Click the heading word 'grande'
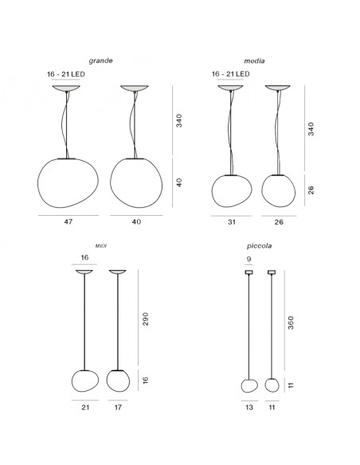coord(100,61)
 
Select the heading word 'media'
coord(254,61)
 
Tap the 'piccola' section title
coord(259,246)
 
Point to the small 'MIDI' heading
coord(101,246)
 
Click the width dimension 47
coord(68,221)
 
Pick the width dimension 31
coord(231,222)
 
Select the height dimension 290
coord(145,318)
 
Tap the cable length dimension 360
coord(291,322)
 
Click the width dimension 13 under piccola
coord(249,407)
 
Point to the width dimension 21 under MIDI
coord(85,407)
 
